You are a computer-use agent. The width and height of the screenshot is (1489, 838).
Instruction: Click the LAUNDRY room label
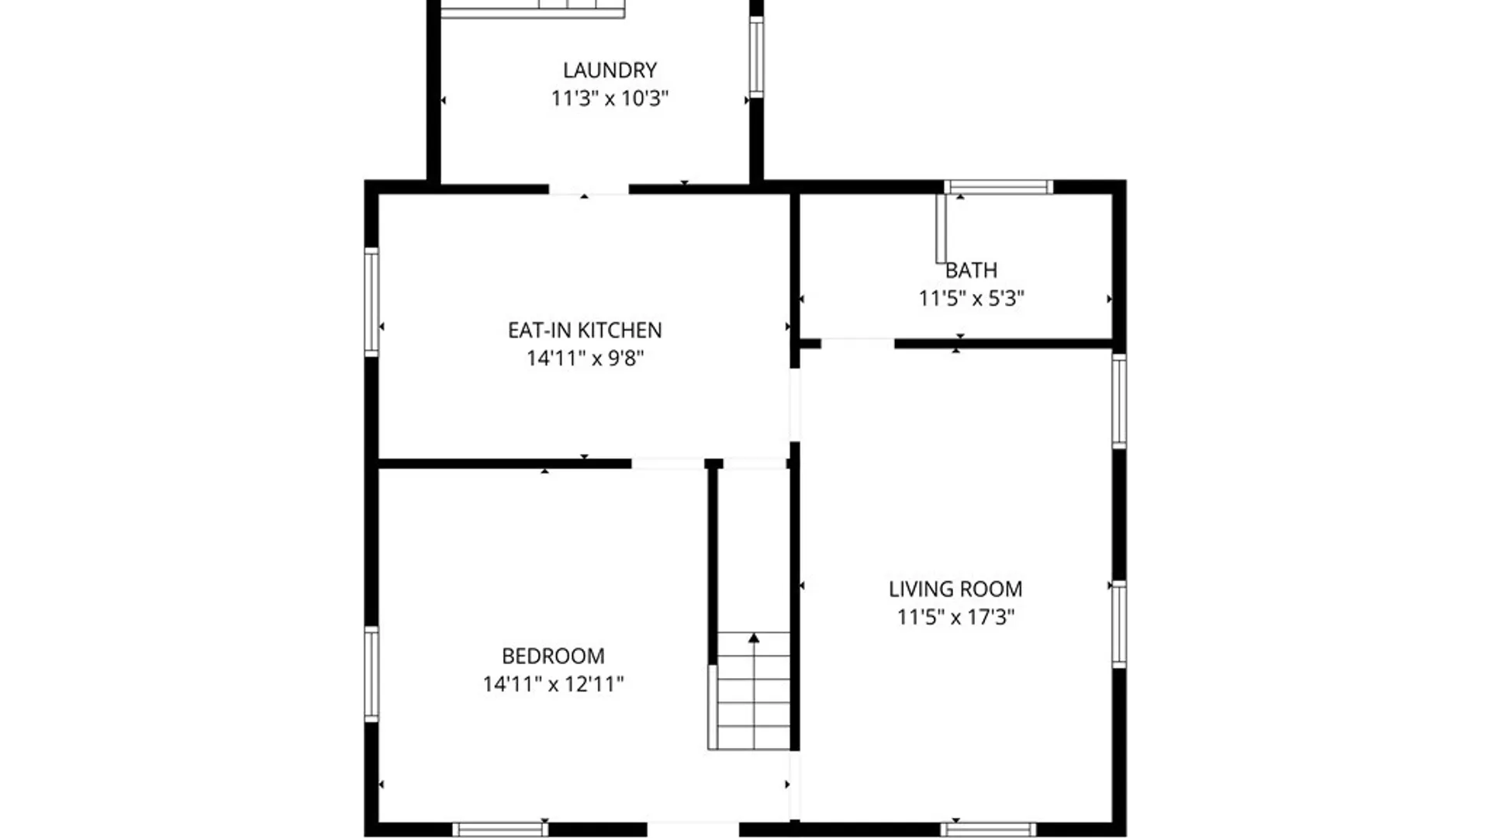(610, 71)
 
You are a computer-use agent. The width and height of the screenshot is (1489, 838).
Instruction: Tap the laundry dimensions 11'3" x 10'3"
(610, 99)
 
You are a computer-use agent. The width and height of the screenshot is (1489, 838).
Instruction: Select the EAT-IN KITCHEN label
(585, 331)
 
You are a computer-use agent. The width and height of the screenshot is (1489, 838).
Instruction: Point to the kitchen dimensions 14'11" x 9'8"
(585, 358)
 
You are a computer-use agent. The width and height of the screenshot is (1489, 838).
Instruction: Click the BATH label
(971, 271)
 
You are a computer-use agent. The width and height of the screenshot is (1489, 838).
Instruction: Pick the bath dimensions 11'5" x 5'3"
(971, 299)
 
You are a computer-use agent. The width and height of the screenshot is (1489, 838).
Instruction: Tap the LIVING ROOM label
(955, 590)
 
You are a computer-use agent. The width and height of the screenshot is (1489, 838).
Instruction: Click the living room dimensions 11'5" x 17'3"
(955, 618)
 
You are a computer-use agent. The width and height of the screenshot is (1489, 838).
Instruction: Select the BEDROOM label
(553, 656)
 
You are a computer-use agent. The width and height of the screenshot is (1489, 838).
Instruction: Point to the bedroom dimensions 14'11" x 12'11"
(553, 684)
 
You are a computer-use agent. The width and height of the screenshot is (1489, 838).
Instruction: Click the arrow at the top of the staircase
(754, 638)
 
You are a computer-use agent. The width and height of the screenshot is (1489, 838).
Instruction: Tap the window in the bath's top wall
(998, 187)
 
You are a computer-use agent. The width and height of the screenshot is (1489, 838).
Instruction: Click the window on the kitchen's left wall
(371, 302)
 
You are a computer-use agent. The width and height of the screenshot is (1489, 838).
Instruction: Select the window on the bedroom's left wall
(371, 674)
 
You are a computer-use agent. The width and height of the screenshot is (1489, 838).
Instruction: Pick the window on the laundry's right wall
(756, 57)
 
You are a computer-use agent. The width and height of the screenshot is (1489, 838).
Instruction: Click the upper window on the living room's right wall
(1119, 400)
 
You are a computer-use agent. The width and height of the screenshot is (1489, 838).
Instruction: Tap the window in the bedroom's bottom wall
(500, 829)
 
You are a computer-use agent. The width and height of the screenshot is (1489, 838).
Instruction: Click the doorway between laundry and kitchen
(589, 189)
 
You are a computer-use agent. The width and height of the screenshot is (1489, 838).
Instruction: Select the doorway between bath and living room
(858, 343)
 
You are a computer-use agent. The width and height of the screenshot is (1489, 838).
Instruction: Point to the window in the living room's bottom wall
(988, 829)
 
